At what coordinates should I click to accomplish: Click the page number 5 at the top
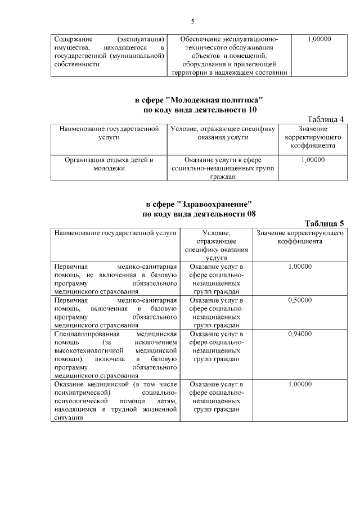[x=192, y=21]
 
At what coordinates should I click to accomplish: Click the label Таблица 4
[x=325, y=119]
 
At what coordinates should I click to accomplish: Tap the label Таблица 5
[x=324, y=223]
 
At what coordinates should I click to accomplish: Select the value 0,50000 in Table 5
[x=299, y=300]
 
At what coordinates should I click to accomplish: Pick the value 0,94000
[x=299, y=334]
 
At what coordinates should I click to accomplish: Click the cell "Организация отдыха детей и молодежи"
[x=109, y=164]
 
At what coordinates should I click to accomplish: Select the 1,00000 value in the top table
[x=319, y=39]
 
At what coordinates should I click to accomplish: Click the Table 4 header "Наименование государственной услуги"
[x=109, y=133]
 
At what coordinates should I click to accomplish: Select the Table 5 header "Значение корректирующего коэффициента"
[x=299, y=237]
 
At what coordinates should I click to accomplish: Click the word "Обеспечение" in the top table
[x=204, y=39]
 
